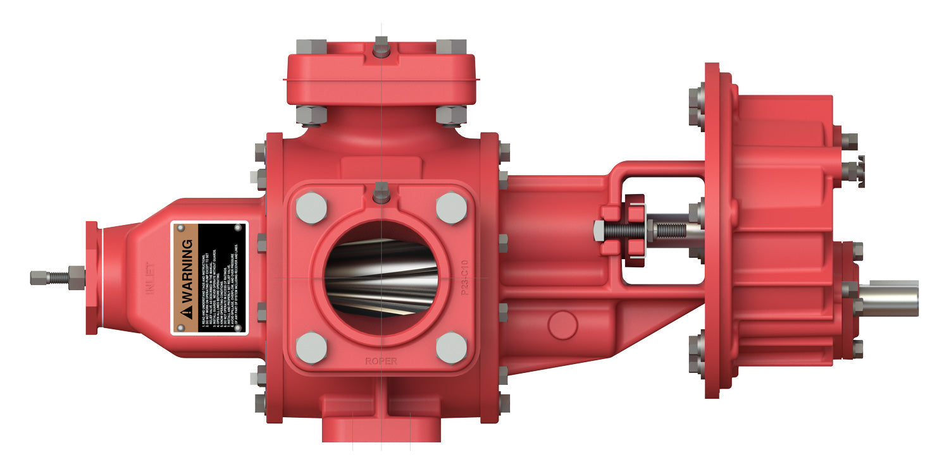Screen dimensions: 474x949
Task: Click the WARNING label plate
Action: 209,277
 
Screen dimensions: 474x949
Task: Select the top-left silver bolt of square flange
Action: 311,207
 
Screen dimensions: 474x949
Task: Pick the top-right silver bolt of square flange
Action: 451,207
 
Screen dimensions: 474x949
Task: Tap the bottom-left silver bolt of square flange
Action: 311,348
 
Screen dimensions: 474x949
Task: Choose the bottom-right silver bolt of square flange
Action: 451,348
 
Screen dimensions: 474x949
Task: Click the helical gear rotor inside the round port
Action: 381,278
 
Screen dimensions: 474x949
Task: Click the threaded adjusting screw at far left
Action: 51,277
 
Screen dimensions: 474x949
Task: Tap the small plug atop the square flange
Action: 381,192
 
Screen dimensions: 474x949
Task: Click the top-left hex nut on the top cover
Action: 311,47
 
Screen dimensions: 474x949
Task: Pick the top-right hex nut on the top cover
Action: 451,47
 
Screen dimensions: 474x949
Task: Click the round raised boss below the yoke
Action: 562,324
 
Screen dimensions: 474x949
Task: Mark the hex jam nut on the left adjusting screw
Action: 76,277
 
